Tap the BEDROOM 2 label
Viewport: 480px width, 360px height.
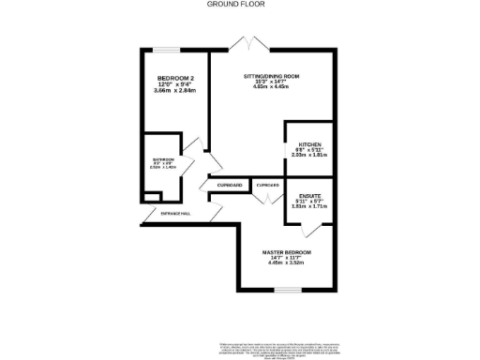[x=174, y=79]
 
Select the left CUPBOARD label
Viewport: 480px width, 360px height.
[x=231, y=186]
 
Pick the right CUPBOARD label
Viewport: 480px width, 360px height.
[x=268, y=186]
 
